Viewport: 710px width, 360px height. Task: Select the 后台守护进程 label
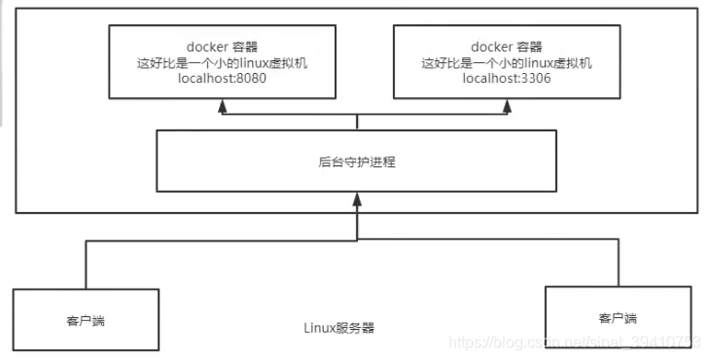357,162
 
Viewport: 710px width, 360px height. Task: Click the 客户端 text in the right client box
618,317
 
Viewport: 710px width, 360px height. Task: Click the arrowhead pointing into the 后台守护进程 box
357,200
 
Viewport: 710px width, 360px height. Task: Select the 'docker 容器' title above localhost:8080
223,46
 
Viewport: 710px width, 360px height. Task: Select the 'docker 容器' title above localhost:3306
508,46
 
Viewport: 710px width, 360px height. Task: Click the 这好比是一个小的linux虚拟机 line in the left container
223,62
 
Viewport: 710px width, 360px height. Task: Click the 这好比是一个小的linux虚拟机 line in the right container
508,62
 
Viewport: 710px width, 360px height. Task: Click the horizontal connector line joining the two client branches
243,241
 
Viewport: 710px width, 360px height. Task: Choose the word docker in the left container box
202,46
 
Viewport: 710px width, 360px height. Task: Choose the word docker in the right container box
487,46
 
